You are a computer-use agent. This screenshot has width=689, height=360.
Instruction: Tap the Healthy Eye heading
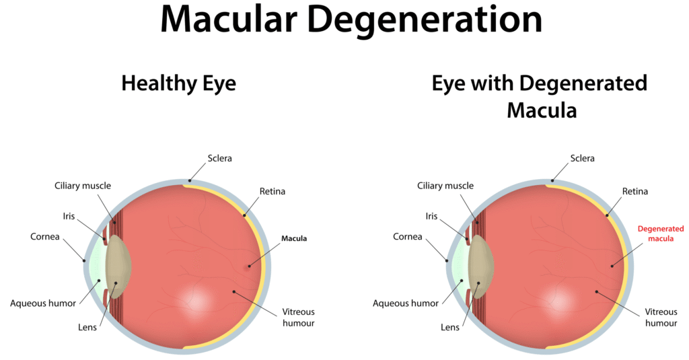click(178, 83)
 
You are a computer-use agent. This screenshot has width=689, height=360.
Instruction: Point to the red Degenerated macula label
click(661, 233)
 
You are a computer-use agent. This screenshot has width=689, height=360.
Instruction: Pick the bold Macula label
click(294, 238)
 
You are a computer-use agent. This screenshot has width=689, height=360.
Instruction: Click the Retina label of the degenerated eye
click(635, 192)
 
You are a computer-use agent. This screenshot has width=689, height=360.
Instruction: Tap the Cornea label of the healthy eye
click(45, 237)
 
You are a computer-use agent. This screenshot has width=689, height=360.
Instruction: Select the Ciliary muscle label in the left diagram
click(83, 186)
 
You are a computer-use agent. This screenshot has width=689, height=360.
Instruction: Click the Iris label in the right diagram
click(431, 217)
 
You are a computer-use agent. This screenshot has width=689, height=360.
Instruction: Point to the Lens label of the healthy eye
click(87, 328)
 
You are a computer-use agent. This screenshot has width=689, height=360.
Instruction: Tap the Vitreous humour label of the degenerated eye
click(660, 318)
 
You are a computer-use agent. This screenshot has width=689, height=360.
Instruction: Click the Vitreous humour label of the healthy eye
click(297, 318)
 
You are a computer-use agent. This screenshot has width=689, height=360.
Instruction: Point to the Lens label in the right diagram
click(450, 328)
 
